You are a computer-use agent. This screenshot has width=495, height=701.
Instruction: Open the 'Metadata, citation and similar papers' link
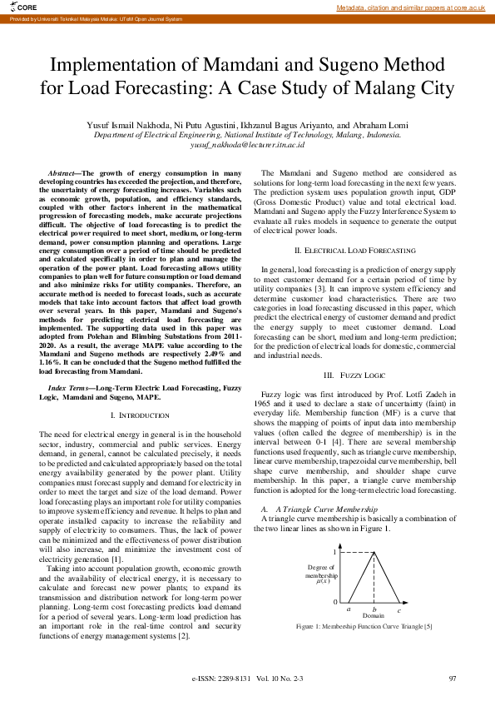(410, 7)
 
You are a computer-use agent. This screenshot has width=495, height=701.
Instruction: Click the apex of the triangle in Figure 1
(374, 553)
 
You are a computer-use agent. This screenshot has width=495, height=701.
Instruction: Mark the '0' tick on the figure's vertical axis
(334, 602)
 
